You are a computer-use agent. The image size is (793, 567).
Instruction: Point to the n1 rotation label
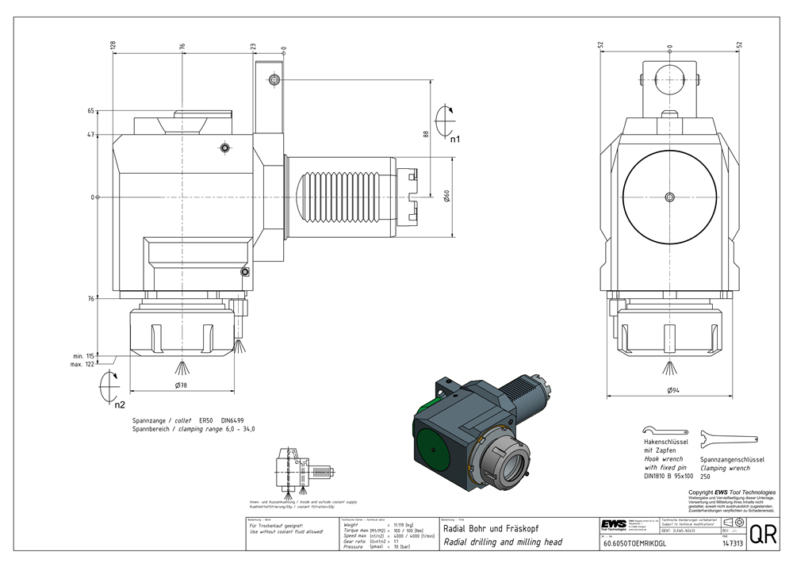coord(455,140)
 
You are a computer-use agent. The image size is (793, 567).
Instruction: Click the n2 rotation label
coord(119,404)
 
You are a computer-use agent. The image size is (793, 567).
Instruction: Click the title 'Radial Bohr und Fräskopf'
coord(490,527)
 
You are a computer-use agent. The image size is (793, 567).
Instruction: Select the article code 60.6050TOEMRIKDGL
coord(634,545)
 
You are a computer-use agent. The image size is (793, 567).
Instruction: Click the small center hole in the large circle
coord(670,197)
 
